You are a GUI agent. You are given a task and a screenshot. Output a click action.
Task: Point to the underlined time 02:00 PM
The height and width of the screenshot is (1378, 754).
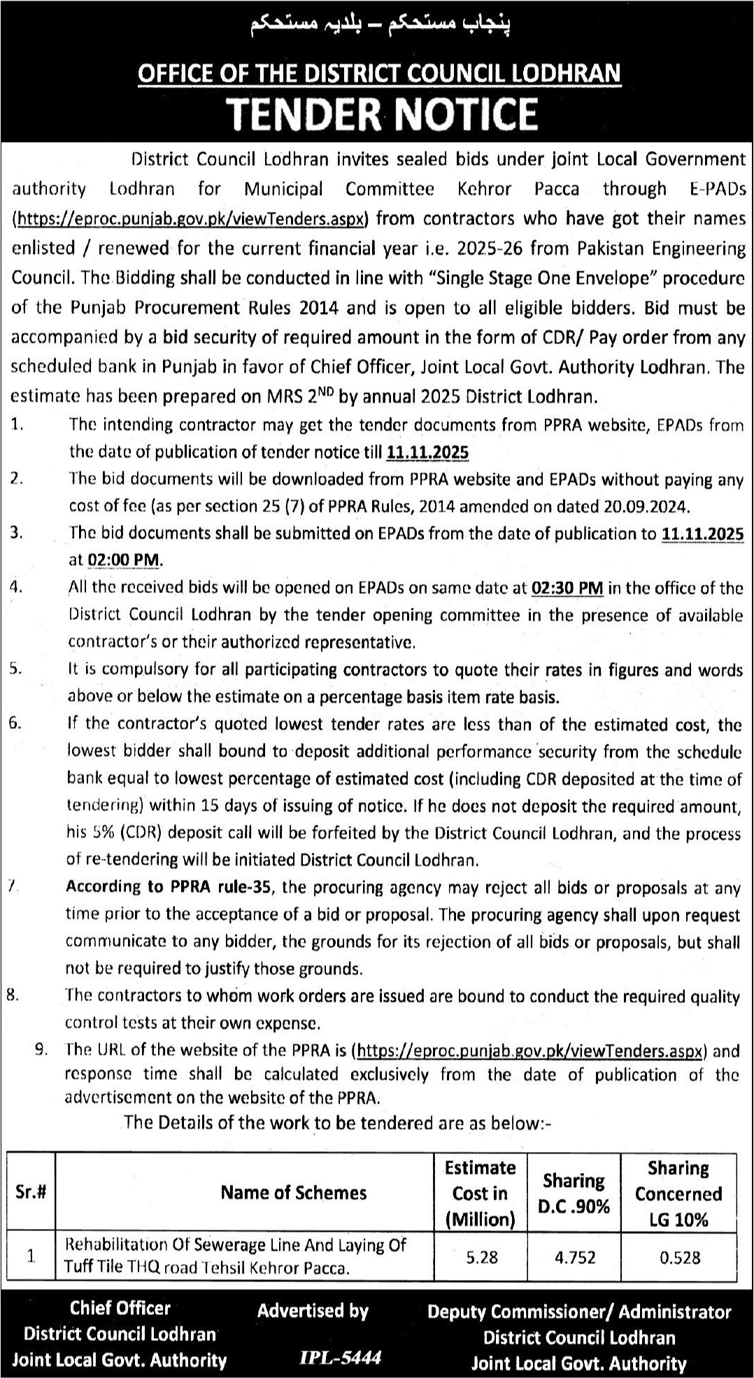pyautogui.click(x=125, y=560)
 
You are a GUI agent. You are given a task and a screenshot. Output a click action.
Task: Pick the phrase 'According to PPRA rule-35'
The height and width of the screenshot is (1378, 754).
pyautogui.click(x=171, y=888)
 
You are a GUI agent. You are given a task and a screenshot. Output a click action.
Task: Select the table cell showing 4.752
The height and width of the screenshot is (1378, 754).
pyautogui.click(x=574, y=1257)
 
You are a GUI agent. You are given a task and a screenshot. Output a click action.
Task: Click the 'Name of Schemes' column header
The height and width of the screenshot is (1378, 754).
pyautogui.click(x=294, y=1193)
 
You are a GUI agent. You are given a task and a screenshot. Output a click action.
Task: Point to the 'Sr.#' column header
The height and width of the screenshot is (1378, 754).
pyautogui.click(x=31, y=1193)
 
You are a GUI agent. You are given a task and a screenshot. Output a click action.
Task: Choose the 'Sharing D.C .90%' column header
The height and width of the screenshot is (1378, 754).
pyautogui.click(x=574, y=1193)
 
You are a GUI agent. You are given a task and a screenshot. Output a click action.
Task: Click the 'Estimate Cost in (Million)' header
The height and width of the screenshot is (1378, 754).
pyautogui.click(x=481, y=1193)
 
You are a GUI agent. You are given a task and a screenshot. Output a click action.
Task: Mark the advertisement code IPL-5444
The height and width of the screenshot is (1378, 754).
pyautogui.click(x=340, y=1358)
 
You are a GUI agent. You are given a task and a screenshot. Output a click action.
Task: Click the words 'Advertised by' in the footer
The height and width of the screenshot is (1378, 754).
pyautogui.click(x=313, y=1311)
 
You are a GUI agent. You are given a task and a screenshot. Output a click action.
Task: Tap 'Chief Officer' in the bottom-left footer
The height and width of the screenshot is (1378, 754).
pyautogui.click(x=120, y=1308)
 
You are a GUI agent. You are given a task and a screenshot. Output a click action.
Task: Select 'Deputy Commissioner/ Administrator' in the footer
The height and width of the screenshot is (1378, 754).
pyautogui.click(x=579, y=1312)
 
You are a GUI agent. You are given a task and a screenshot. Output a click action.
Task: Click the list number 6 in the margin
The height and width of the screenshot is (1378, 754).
pyautogui.click(x=15, y=724)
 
